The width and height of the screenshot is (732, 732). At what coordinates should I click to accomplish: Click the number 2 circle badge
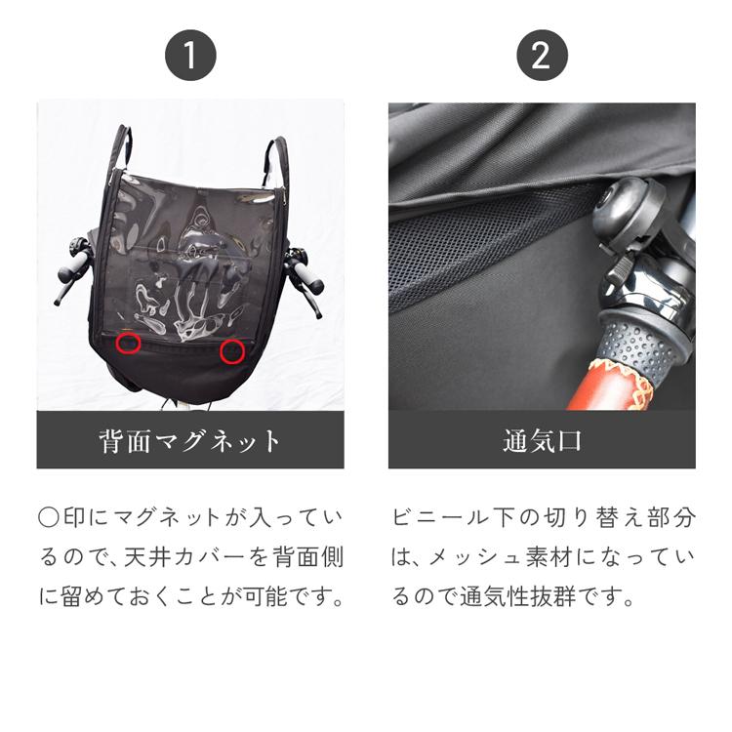541,55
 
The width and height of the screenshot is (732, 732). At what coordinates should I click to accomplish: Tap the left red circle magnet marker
128,344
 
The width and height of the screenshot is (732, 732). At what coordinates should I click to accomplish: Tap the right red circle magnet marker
231,351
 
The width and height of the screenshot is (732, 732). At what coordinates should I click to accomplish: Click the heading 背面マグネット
190,441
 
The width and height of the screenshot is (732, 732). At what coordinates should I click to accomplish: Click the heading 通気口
542,441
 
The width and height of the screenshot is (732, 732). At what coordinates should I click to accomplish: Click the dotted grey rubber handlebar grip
639,346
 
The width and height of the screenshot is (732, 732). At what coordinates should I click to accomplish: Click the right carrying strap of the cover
278,161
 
